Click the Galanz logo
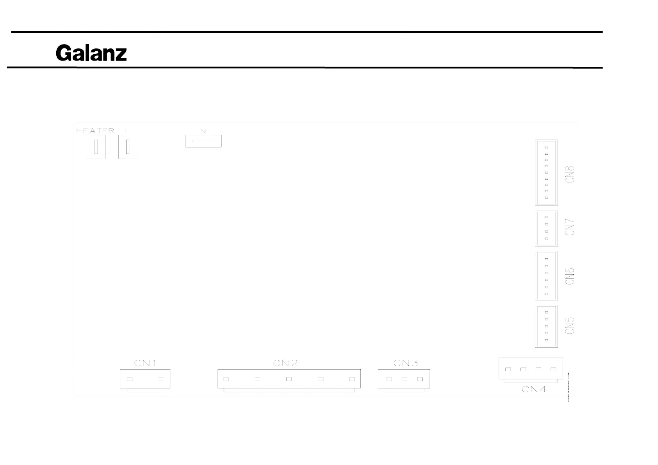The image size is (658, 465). tap(91, 53)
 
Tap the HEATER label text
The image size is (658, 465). tap(95, 131)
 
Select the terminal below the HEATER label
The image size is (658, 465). tap(96, 147)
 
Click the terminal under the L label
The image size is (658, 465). tap(127, 147)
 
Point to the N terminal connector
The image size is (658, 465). tap(203, 141)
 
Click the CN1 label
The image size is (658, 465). tap(145, 363)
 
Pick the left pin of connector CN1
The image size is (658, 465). tap(130, 379)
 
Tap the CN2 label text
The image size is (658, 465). tap(285, 363)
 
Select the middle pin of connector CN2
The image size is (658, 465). tap(289, 379)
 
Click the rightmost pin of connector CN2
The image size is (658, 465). tap(352, 379)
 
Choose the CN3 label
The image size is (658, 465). tap(406, 363)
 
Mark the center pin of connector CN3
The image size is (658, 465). tap(404, 379)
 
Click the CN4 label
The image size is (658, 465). tap(534, 389)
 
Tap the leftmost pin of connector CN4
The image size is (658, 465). tap(508, 369)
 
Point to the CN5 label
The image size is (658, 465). tap(570, 325)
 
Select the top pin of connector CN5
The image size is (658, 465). tap(546, 312)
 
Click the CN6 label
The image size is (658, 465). tap(570, 276)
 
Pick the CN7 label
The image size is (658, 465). tap(570, 227)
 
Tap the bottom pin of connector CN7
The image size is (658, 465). tap(546, 238)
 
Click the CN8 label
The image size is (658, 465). tap(570, 174)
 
